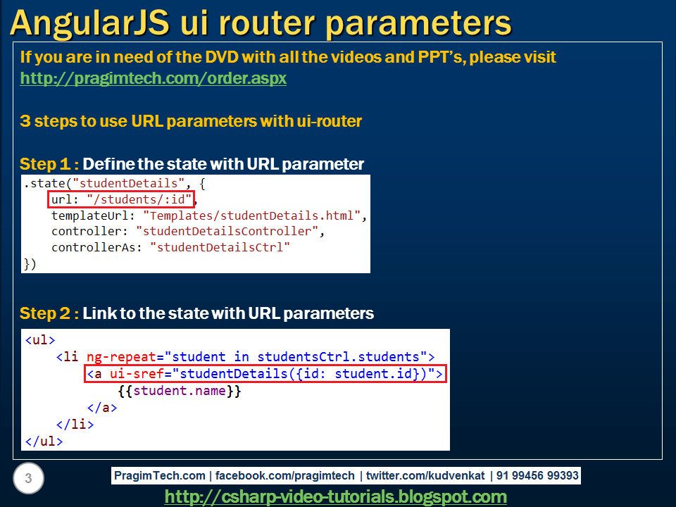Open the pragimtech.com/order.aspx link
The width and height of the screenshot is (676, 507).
point(153,78)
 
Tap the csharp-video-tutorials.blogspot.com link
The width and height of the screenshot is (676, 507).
point(335,496)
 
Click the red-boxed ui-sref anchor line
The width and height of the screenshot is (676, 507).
point(265,373)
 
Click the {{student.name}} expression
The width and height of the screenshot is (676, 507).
point(180,390)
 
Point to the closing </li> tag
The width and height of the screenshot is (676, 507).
point(75,425)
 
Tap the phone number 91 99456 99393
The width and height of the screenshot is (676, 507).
point(537,475)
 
